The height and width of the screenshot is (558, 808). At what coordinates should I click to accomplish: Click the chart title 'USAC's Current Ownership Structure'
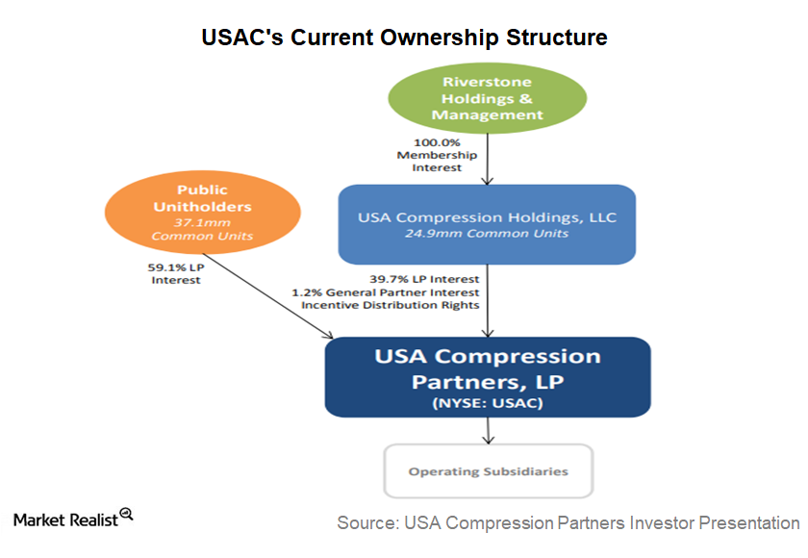click(x=404, y=38)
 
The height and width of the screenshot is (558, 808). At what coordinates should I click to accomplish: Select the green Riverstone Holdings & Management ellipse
click(x=488, y=98)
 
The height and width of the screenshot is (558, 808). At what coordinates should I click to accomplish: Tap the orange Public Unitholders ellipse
click(x=203, y=213)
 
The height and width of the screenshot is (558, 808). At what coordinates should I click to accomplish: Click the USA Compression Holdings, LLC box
click(x=487, y=224)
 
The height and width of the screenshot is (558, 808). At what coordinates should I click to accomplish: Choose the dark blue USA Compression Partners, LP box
click(x=488, y=377)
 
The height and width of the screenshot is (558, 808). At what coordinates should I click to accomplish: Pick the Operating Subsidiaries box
click(x=489, y=470)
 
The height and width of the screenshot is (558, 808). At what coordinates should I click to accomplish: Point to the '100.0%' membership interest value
click(x=437, y=142)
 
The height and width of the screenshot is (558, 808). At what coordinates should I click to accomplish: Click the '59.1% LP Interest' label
click(x=176, y=274)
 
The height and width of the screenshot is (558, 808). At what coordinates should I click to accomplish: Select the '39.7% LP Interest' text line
click(x=424, y=279)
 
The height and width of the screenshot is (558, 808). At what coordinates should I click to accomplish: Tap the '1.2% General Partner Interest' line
click(x=386, y=292)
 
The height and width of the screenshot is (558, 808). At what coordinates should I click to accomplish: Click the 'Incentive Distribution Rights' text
click(x=391, y=305)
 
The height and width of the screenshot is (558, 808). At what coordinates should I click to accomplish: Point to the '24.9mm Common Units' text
click(x=487, y=234)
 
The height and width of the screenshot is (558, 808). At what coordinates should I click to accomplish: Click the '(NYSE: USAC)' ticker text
click(x=488, y=403)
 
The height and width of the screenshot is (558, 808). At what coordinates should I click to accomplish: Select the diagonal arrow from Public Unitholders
click(x=268, y=295)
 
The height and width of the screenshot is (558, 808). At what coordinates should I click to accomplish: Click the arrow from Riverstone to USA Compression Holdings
click(x=488, y=159)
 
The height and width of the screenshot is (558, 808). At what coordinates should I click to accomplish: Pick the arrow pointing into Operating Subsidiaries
click(x=488, y=431)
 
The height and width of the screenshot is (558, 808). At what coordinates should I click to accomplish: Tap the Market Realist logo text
click(x=65, y=520)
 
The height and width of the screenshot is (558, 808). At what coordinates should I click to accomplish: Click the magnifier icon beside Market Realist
click(x=126, y=514)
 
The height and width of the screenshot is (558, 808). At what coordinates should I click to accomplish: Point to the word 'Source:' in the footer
click(x=367, y=523)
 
